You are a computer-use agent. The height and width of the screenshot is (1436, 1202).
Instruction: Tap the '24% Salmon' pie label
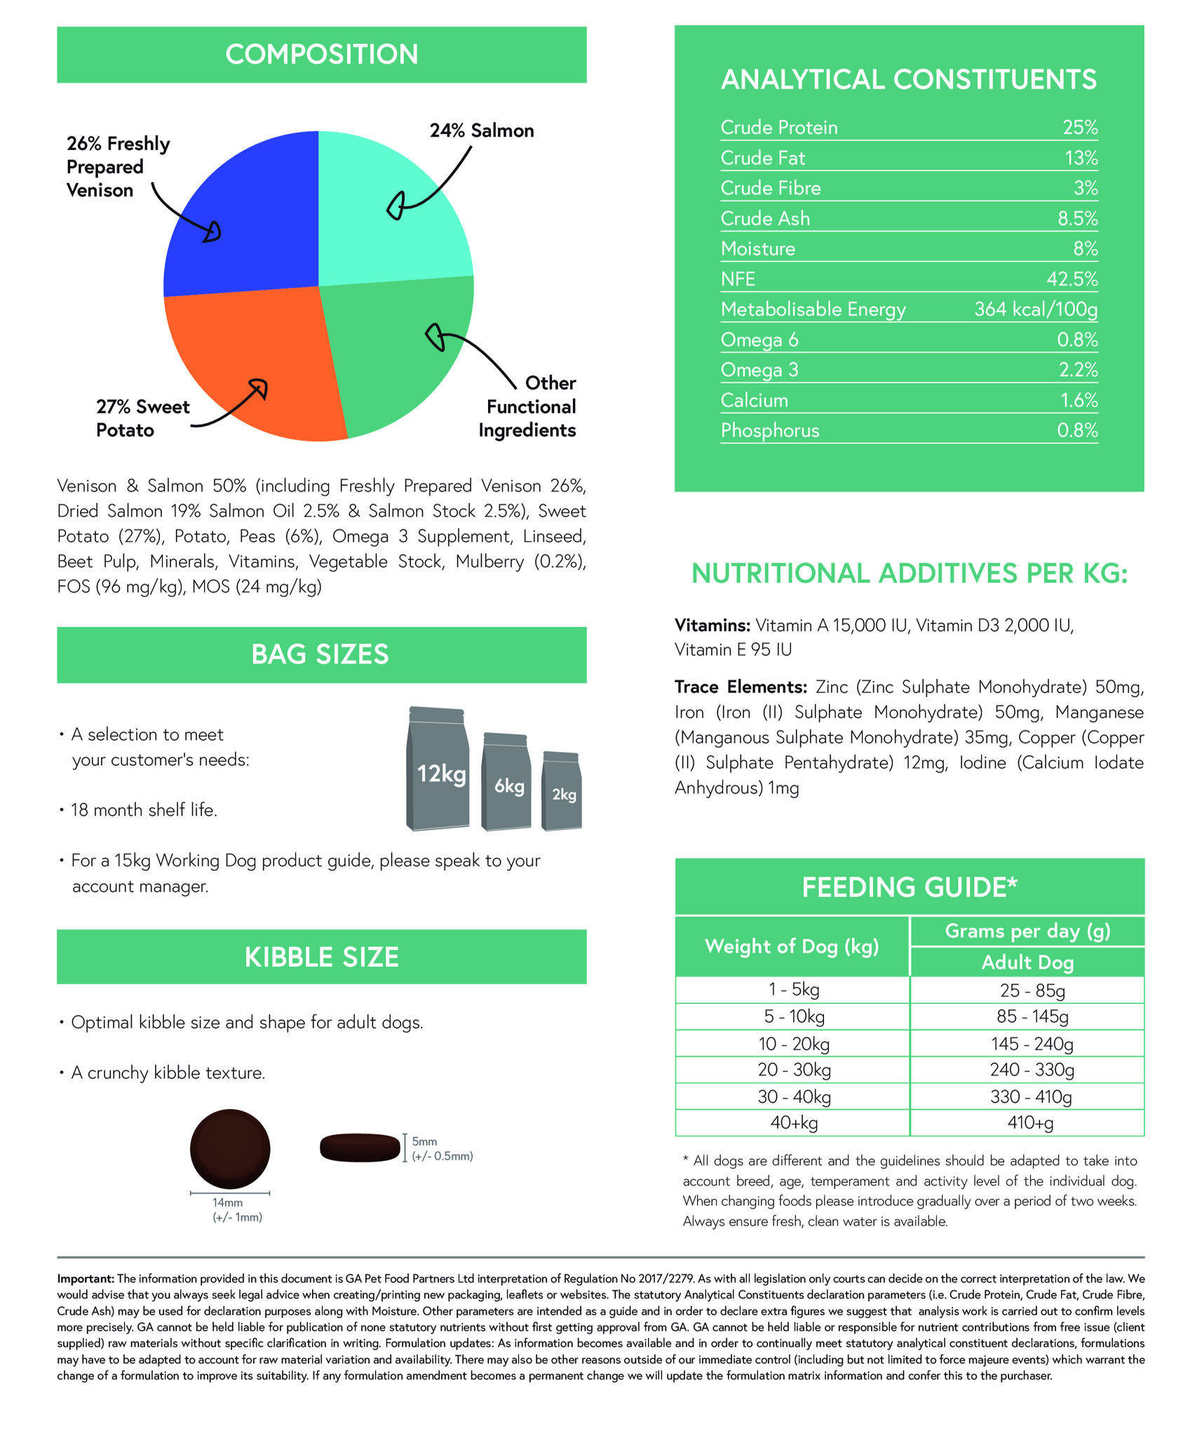pos(482,131)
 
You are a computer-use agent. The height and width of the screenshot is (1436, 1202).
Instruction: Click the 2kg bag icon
pos(562,792)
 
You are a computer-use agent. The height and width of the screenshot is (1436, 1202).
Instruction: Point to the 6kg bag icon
pos(506,783)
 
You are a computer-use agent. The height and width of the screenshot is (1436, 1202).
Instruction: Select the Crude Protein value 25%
pos(1079,128)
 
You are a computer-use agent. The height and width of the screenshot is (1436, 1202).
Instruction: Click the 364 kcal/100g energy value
pos(1035,309)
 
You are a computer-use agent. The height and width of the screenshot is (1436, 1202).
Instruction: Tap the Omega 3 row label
pos(759,370)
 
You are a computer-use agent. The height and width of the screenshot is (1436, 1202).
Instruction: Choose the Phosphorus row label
pos(769,431)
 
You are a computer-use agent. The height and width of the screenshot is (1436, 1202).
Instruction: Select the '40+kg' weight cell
pos(794,1123)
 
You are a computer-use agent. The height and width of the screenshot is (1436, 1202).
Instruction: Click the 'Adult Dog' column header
pos(1027,963)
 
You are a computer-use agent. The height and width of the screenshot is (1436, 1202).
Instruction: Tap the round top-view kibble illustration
pos(230,1149)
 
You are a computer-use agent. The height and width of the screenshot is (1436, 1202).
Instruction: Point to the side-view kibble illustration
pos(360,1148)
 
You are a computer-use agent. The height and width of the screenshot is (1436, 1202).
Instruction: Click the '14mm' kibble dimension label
pos(227,1203)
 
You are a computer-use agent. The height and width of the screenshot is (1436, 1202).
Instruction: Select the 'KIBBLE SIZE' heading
pos(321,957)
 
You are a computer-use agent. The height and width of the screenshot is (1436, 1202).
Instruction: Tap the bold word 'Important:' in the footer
pos(86,1279)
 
